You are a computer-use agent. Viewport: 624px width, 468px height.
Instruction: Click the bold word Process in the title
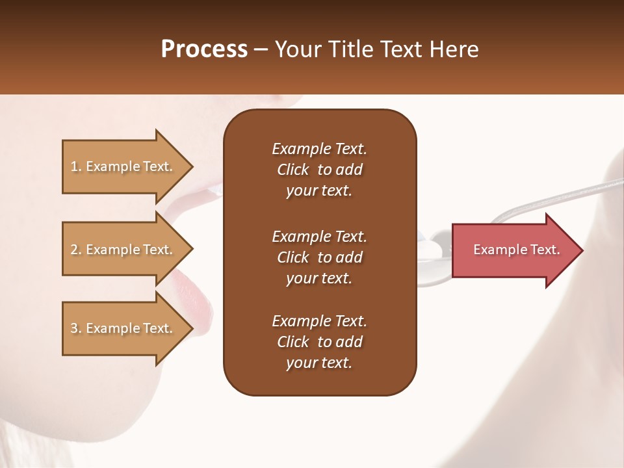(204, 49)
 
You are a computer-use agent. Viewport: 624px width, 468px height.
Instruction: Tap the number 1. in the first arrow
(76, 166)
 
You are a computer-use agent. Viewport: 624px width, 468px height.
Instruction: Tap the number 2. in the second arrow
(76, 250)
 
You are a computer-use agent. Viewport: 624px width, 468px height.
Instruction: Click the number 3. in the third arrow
(76, 328)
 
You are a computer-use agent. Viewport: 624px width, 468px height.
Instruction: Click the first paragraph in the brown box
(319, 170)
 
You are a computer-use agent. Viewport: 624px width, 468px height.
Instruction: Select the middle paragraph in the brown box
(319, 257)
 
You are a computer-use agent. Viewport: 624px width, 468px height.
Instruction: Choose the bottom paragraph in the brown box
(319, 342)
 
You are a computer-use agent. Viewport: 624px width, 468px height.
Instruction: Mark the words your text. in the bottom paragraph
(319, 363)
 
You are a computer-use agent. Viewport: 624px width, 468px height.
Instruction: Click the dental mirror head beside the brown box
(434, 249)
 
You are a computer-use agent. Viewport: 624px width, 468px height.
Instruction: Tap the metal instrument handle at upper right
(572, 192)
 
